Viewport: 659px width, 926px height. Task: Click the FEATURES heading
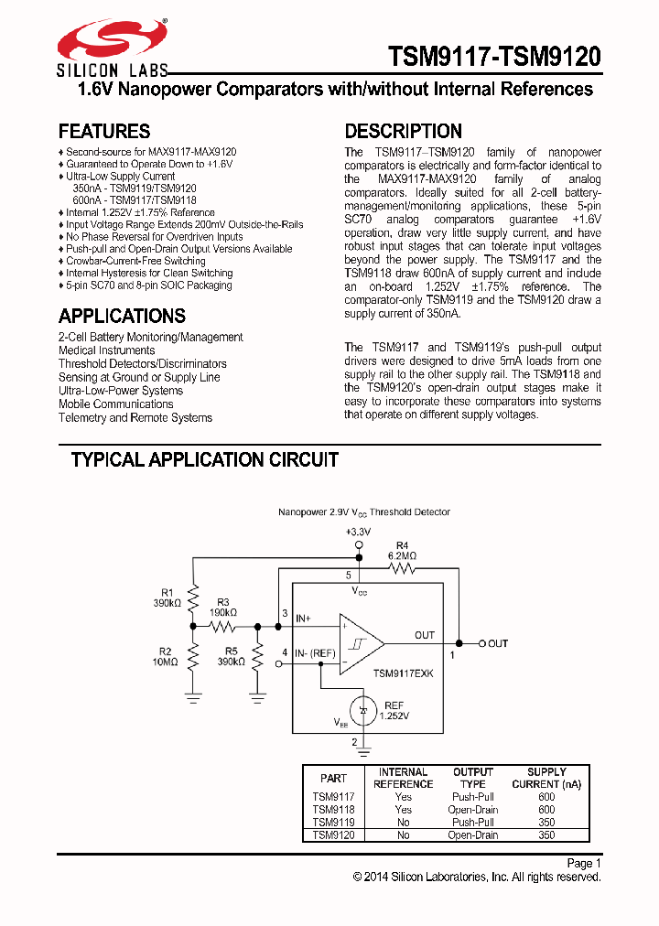tap(104, 131)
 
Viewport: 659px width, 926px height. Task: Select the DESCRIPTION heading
tap(403, 131)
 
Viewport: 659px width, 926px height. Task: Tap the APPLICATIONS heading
tap(122, 316)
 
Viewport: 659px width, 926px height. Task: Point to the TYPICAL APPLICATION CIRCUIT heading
tap(205, 459)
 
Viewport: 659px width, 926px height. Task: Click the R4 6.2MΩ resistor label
tap(402, 550)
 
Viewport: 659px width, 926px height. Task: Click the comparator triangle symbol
tap(361, 643)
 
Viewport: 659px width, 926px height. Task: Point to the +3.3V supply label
tap(359, 532)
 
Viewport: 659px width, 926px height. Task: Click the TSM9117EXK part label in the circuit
tap(403, 673)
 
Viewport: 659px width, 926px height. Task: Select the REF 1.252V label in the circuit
tap(394, 710)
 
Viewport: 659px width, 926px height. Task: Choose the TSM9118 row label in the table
tap(333, 810)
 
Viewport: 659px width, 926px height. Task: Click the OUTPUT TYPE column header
tap(472, 778)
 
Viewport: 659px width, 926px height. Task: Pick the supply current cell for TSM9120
tap(546, 835)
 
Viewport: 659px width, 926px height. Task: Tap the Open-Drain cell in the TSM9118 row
tap(472, 810)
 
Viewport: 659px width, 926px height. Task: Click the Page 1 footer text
tap(584, 863)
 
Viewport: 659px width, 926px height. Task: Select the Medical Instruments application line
tap(107, 350)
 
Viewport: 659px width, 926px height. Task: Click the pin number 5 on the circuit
tap(348, 576)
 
